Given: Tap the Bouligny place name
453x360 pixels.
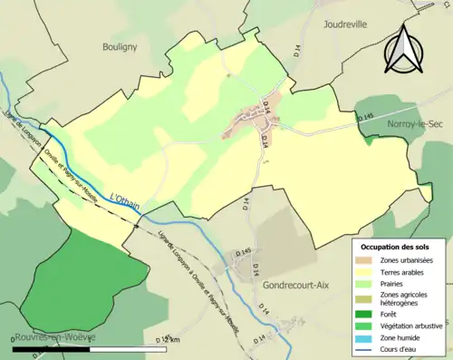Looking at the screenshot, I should point(120,44).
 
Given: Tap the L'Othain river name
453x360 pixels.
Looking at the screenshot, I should point(124,199).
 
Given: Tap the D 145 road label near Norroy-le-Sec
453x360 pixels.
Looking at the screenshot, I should point(364,118).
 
